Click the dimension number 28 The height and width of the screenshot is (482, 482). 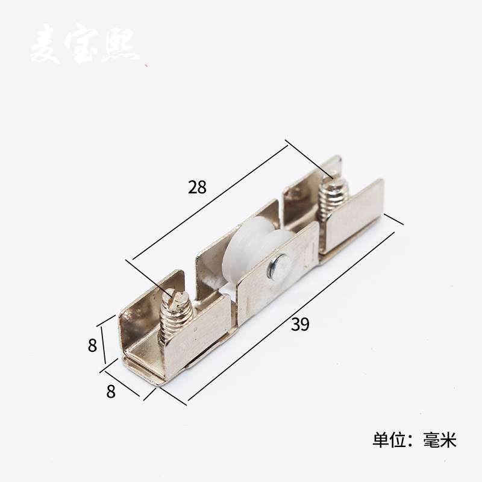[197, 187]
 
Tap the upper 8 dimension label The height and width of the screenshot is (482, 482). [92, 346]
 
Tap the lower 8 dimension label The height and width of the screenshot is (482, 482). [110, 391]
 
